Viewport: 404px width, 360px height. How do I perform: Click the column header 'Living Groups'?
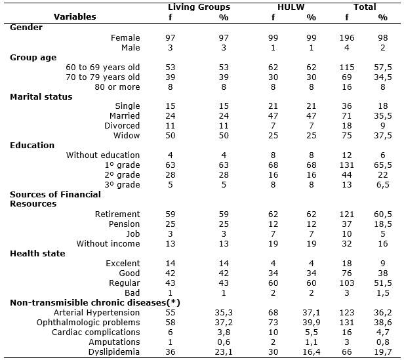(199, 7)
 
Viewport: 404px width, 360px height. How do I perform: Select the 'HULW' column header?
(291, 7)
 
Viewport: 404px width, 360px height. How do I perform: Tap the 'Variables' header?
(75, 17)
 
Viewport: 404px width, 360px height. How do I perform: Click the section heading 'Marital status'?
(41, 97)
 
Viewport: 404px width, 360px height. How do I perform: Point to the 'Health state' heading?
(37, 254)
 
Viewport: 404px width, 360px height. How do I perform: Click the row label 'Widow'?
(127, 136)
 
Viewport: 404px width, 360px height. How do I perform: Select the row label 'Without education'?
(103, 155)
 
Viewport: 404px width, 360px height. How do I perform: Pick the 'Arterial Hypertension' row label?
(96, 313)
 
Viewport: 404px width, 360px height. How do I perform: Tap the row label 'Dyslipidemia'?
(114, 352)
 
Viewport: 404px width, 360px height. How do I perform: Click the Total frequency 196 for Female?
(347, 38)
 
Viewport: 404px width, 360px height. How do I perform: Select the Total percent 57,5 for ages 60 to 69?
(383, 68)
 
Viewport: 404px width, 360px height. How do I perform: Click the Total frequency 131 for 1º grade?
(347, 165)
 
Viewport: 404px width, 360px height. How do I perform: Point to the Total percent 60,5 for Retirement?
(383, 214)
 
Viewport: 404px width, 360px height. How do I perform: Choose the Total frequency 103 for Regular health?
(347, 283)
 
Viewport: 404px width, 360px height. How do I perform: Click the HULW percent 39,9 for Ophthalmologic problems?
(312, 323)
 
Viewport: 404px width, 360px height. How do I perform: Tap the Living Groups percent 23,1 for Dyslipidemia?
(224, 352)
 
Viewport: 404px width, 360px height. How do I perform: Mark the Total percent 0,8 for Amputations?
(383, 342)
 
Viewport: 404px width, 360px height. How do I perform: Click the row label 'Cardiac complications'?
(96, 332)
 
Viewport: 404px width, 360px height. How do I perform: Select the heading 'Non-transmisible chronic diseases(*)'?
(95, 303)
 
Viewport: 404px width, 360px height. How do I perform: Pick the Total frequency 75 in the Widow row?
(347, 136)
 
